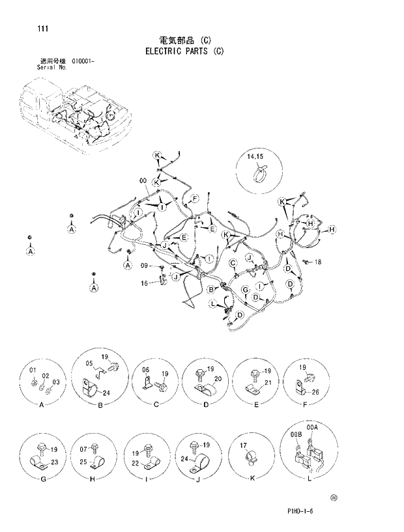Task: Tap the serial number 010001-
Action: tap(81, 61)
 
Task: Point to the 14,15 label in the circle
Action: tap(255, 158)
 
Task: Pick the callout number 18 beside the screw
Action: tap(318, 262)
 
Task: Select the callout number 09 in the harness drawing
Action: tap(145, 265)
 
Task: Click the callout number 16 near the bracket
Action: tap(145, 283)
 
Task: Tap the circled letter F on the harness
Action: tap(194, 197)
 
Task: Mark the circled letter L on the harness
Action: tap(213, 304)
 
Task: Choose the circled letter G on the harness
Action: tap(245, 289)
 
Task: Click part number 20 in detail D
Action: tap(218, 379)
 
